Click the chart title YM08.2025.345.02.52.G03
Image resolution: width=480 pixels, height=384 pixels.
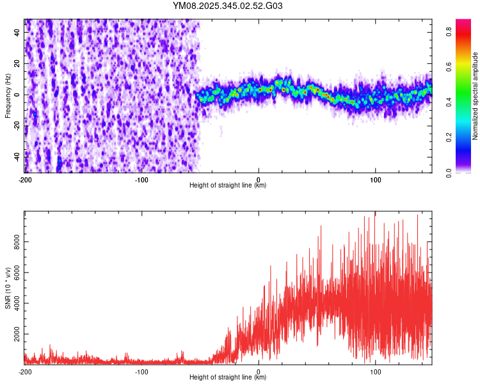click(x=228, y=6)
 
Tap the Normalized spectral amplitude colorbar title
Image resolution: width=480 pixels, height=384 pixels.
click(x=476, y=96)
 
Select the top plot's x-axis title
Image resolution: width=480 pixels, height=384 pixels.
click(x=228, y=186)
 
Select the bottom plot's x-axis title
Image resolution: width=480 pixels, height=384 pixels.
click(x=228, y=378)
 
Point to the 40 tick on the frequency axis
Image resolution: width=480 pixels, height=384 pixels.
click(x=17, y=33)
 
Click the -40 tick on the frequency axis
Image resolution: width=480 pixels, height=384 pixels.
click(x=17, y=156)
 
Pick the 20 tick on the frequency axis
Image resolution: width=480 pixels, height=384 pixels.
click(x=17, y=64)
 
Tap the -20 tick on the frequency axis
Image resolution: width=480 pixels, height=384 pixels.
click(x=17, y=125)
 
